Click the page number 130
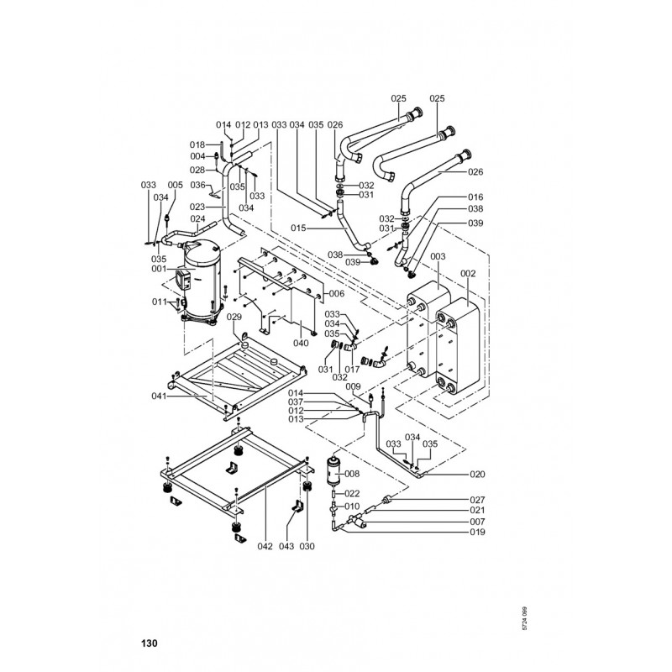(x=149, y=644)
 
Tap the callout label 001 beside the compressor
(x=159, y=270)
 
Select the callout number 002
(x=469, y=274)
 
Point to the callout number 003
(x=438, y=255)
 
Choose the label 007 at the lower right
(x=477, y=521)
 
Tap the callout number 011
(x=159, y=301)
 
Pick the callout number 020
(x=477, y=474)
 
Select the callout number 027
(x=477, y=500)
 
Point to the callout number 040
(x=300, y=343)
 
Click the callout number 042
(x=265, y=547)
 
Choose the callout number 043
(x=286, y=547)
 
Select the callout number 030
(x=307, y=547)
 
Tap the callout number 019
(x=477, y=532)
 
